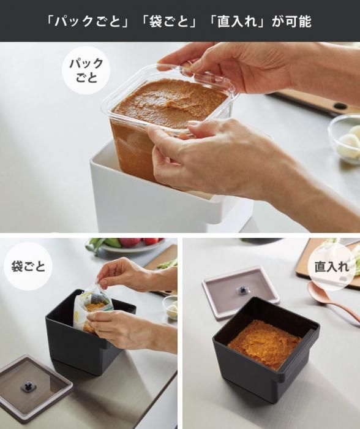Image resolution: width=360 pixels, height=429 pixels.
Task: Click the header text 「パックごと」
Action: tap(87, 21)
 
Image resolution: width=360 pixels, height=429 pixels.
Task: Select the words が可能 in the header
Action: tap(291, 21)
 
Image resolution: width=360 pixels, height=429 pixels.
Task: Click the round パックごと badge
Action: tap(86, 70)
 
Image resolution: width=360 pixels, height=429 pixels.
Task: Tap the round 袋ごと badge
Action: tap(28, 266)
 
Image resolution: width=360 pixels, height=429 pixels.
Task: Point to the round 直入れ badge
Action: tap(332, 267)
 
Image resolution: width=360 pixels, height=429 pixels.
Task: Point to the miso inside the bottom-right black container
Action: tap(264, 343)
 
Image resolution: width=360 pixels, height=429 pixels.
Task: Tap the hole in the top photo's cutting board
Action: tap(340, 106)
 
